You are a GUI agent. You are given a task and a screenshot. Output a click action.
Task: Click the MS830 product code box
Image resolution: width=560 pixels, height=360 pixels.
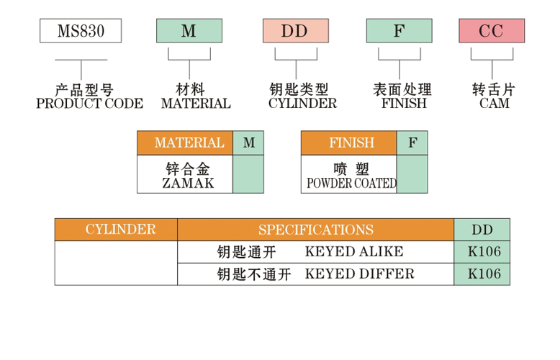pos(80,31)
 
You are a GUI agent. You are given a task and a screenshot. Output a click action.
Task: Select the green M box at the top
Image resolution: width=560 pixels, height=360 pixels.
pos(189,31)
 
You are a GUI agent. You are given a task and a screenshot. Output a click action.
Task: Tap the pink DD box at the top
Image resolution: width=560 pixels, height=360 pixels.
pos(295,31)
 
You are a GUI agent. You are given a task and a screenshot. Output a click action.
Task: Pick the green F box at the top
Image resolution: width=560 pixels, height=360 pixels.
pos(399,31)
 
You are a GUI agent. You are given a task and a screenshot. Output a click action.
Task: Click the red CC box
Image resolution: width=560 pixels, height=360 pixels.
pos(492,31)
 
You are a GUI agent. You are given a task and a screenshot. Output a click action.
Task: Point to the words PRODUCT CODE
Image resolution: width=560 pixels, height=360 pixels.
pos(89,104)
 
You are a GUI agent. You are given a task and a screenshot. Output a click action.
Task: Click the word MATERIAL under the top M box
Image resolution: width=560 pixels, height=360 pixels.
pos(196,104)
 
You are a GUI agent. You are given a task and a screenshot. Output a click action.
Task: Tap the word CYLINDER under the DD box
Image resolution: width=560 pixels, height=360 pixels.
pos(302,104)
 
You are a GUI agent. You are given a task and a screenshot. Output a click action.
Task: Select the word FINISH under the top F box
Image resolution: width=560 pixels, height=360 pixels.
pos(404,104)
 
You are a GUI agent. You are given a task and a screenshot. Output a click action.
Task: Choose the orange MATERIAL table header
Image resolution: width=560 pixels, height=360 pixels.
pos(185,143)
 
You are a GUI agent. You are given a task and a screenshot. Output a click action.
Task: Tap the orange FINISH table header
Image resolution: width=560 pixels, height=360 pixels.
pos(349,143)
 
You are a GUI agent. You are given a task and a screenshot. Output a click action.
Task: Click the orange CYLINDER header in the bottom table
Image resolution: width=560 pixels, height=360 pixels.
pos(117,230)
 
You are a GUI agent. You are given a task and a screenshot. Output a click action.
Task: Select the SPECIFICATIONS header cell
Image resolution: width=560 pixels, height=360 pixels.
pos(315,230)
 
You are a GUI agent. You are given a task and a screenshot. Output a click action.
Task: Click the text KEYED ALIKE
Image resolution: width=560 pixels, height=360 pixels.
pos(354,252)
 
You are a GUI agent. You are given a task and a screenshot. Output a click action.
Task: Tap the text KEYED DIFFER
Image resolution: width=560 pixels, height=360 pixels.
pos(360,274)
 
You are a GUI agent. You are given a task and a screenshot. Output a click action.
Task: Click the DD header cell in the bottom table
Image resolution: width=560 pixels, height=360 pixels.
pos(482,230)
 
